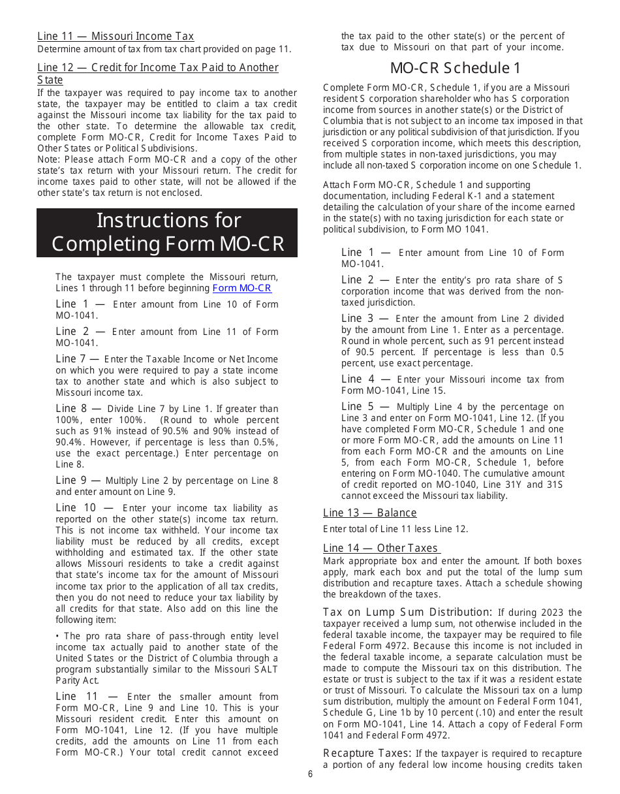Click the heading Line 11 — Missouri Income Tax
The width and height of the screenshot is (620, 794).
click(116, 37)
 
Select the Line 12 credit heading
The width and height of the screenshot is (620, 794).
click(157, 73)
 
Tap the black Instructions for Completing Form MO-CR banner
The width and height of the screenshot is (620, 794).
click(167, 232)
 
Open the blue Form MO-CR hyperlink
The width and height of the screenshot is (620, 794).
click(241, 288)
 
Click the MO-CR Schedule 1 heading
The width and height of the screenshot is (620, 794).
click(455, 68)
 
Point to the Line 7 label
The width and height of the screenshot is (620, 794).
click(77, 358)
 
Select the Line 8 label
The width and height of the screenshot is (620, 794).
click(77, 408)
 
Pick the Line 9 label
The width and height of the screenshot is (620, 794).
click(77, 480)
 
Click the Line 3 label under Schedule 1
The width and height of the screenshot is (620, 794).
click(365, 318)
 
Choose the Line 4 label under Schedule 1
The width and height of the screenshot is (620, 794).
click(366, 379)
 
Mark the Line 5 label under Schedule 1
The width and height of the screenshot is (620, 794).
click(366, 406)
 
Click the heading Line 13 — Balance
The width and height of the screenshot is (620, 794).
click(369, 513)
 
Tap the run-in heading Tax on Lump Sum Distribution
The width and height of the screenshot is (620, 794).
click(407, 612)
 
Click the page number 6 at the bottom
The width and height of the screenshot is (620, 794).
click(310, 774)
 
